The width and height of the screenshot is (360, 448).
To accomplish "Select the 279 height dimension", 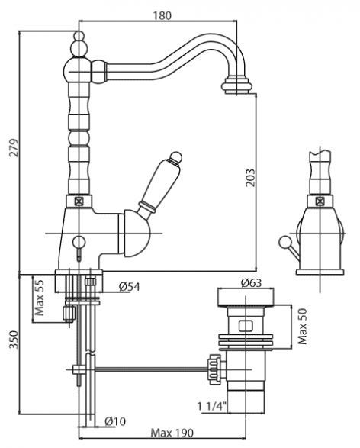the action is pos(14,148).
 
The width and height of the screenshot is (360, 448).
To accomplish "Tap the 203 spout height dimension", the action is pos(250,177).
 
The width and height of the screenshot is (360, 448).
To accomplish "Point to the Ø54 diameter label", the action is pos(130,286).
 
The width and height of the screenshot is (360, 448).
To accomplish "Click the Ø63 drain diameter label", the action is pos(251,283).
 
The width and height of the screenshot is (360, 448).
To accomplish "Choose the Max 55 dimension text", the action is pos(40,298).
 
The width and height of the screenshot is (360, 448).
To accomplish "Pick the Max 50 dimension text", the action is pos(302,326).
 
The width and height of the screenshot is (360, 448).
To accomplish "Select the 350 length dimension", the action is pos(14,340).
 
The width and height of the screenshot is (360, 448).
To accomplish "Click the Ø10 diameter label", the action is pos(115,421).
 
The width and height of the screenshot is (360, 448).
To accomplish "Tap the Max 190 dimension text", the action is pos(172,433).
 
